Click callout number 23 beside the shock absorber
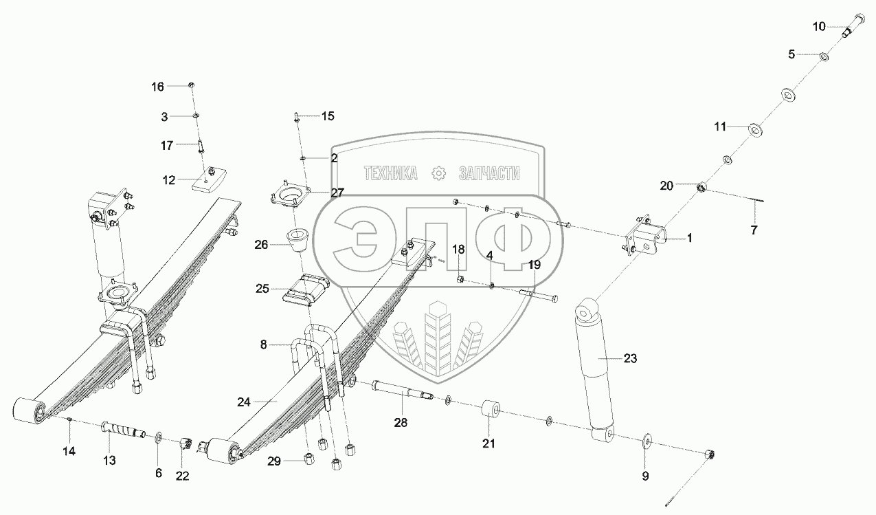(630, 358)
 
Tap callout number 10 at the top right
(819, 27)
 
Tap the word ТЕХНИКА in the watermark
(390, 175)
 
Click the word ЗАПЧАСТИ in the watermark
(488, 175)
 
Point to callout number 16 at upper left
(158, 86)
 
